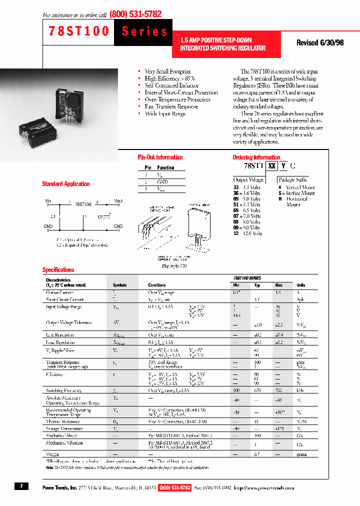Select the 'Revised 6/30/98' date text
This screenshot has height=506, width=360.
coord(320,43)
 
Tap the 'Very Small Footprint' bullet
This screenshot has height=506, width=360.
coord(167,71)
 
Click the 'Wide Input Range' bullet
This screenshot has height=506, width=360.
coord(165,113)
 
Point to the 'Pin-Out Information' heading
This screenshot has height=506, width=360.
coord(160,157)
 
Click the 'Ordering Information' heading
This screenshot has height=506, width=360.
coord(256,157)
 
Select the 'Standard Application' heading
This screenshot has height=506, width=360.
coord(65,184)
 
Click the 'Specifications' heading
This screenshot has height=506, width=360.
coord(58,269)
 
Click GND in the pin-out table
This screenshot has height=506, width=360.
coord(162,182)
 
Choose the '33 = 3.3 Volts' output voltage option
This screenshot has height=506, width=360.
coord(246,187)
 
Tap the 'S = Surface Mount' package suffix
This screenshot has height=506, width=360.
coord(296,193)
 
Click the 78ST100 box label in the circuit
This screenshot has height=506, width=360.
coord(83,204)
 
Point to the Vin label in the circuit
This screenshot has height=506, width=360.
coord(48,200)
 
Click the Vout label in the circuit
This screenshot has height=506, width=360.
coord(118,200)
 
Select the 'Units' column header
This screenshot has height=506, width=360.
coord(300,285)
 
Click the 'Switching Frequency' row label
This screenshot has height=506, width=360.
coord(63,390)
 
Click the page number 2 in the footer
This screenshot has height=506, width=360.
coord(21,486)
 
